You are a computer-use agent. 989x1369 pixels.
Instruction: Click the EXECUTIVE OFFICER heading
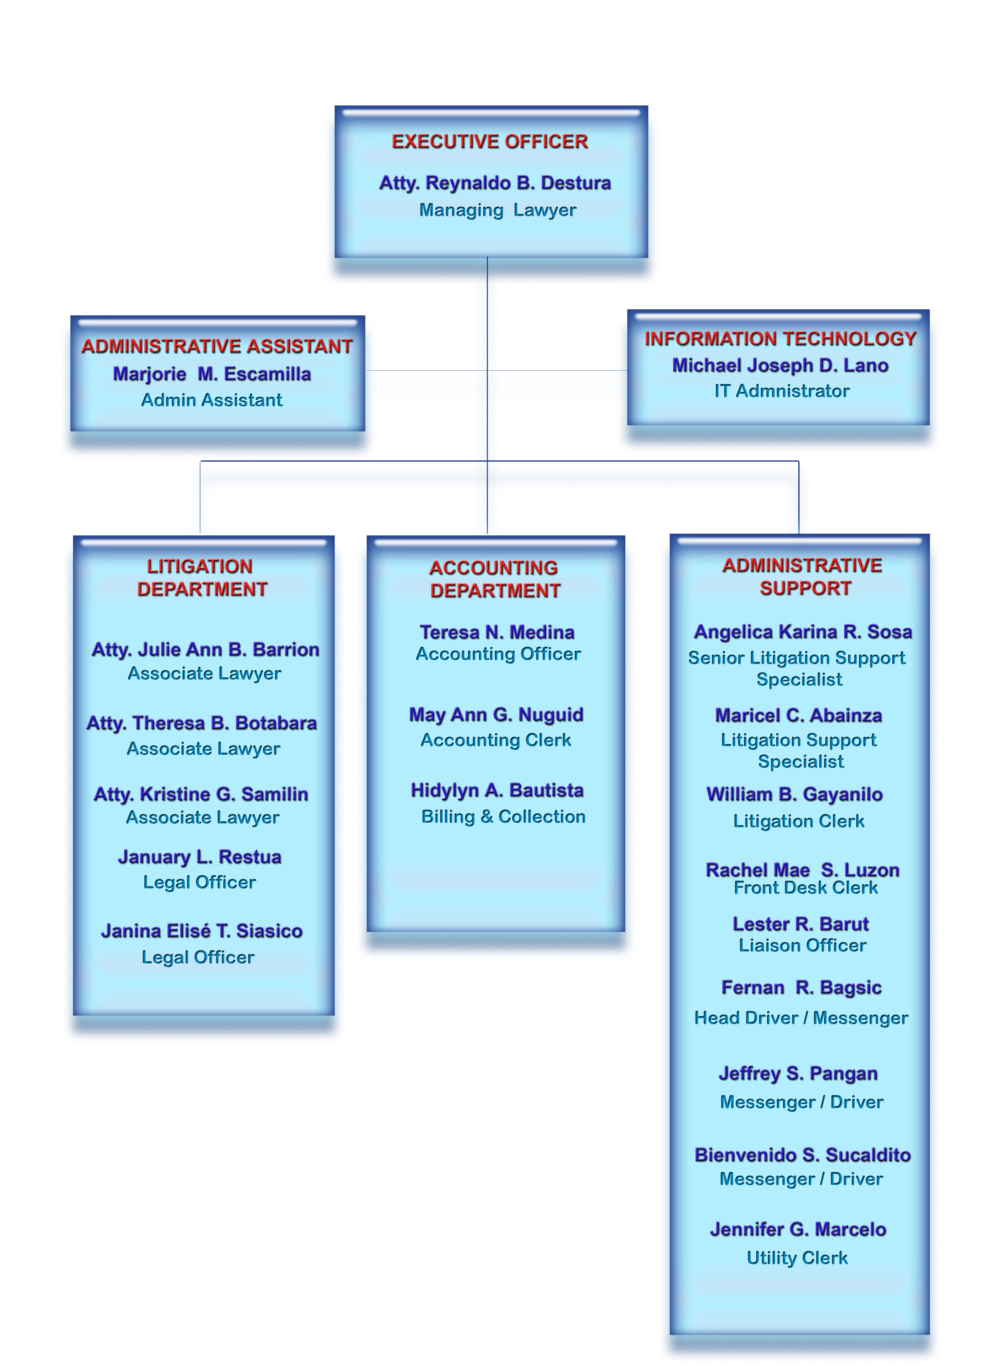[x=490, y=141]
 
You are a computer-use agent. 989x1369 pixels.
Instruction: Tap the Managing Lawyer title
[x=498, y=210]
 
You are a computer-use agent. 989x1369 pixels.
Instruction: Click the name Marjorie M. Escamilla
[x=212, y=374]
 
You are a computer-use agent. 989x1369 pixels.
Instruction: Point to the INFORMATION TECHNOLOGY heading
[x=780, y=339]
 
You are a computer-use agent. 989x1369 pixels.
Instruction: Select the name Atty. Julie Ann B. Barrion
[x=205, y=650]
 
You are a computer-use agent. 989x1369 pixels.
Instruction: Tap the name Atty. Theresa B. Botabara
[x=202, y=723]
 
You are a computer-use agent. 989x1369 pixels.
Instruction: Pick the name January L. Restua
[x=200, y=857]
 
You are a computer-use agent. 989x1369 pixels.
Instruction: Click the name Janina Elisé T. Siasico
[x=202, y=931]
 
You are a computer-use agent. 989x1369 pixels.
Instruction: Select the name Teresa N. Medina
[x=497, y=632]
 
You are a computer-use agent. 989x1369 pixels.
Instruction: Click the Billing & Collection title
[x=503, y=817]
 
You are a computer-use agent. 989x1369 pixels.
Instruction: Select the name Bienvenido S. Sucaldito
[x=802, y=1155]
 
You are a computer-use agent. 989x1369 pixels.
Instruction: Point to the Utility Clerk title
[x=797, y=1258]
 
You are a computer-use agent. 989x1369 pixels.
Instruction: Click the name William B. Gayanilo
[x=794, y=794]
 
